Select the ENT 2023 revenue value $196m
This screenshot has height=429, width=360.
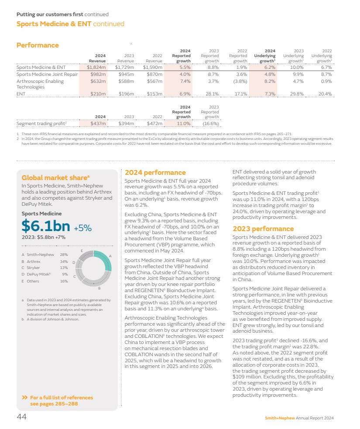[x=126, y=94]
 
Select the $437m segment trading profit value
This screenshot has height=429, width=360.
[x=96, y=123]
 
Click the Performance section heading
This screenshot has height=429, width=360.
[x=38, y=45]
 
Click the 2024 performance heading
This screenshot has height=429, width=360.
[x=155, y=173]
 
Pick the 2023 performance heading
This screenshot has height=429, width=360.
[x=263, y=229]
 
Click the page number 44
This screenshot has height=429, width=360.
[x=21, y=417]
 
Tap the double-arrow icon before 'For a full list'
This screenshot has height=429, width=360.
[x=25, y=398]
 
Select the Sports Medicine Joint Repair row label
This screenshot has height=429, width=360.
[x=45, y=74]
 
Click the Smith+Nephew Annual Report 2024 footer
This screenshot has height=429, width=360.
[x=299, y=418]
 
